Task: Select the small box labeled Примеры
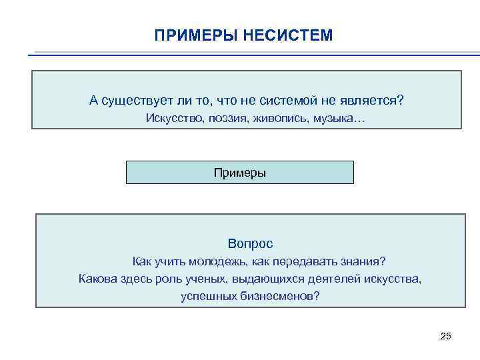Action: point(240,173)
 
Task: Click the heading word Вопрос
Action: point(250,244)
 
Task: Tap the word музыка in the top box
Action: point(337,119)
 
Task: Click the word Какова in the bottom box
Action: point(97,279)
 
